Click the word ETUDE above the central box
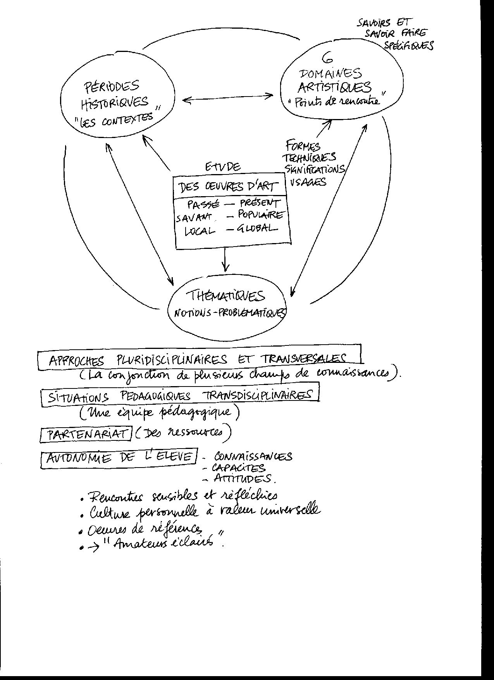click(222, 167)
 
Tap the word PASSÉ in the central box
click(203, 204)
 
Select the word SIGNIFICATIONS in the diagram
click(315, 169)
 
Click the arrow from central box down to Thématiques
click(225, 260)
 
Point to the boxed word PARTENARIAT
click(86, 434)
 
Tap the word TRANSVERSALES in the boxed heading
click(303, 359)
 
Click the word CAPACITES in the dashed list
click(239, 468)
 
